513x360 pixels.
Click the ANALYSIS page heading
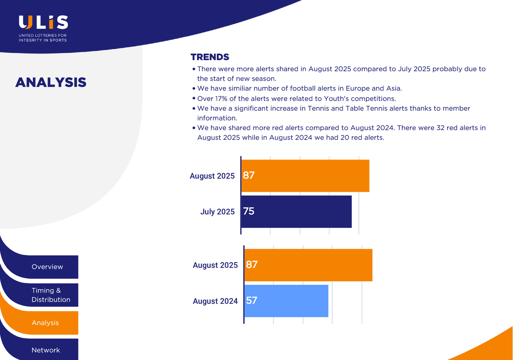(51, 82)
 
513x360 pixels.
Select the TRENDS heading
(210, 57)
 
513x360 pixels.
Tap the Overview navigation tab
(47, 267)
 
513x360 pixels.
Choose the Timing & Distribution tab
(51, 295)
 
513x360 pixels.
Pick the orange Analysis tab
(45, 323)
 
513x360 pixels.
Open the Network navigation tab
(46, 350)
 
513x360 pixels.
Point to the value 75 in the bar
(249, 211)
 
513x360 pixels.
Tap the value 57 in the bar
(252, 301)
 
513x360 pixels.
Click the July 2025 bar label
(217, 212)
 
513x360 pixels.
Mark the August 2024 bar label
(215, 301)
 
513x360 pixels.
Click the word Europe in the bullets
(357, 88)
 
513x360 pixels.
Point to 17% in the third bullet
(221, 99)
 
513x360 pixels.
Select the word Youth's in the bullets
(336, 99)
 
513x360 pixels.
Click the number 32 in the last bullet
(441, 128)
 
